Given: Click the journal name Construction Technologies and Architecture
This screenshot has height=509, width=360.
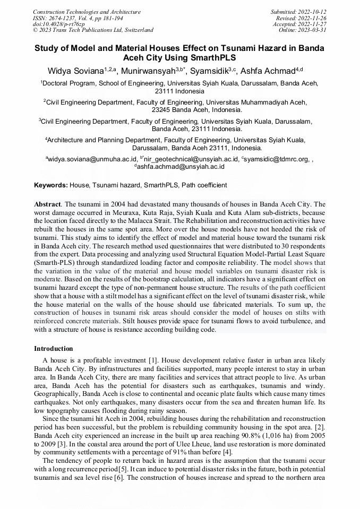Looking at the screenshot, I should pos(87,11).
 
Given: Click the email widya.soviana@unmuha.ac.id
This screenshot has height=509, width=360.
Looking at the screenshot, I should pos(92,159).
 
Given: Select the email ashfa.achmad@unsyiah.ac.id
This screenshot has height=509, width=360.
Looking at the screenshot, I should pos(181,166).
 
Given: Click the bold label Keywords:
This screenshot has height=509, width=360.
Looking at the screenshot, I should pos(51,185).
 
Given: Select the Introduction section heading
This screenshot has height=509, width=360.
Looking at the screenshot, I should pos(54,349).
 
